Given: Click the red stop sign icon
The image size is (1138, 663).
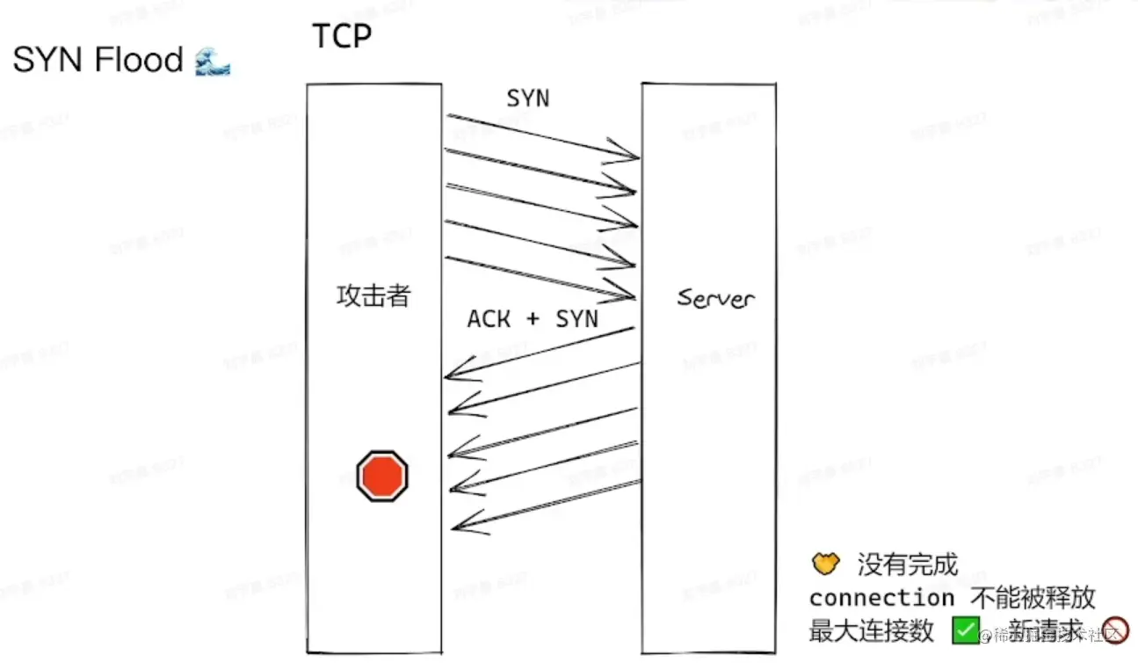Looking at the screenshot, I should (x=382, y=476).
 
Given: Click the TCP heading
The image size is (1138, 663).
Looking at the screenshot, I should (x=342, y=36).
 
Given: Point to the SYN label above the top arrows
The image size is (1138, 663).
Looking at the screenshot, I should (x=527, y=98).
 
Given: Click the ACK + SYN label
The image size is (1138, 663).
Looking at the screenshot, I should (x=533, y=318).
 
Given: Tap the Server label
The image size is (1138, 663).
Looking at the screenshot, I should (x=715, y=298).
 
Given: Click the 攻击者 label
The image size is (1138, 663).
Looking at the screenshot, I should (x=373, y=295).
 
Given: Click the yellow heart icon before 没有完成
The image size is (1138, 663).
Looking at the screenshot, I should (x=826, y=564).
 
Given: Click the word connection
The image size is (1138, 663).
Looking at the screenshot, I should (x=881, y=598).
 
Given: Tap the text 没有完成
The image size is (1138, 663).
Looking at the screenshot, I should (x=908, y=565).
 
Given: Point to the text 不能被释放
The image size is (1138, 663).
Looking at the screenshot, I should (x=1033, y=598).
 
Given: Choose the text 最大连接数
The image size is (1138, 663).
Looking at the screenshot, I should (x=871, y=630).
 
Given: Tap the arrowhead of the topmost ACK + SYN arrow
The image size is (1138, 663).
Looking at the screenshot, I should (x=450, y=376).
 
